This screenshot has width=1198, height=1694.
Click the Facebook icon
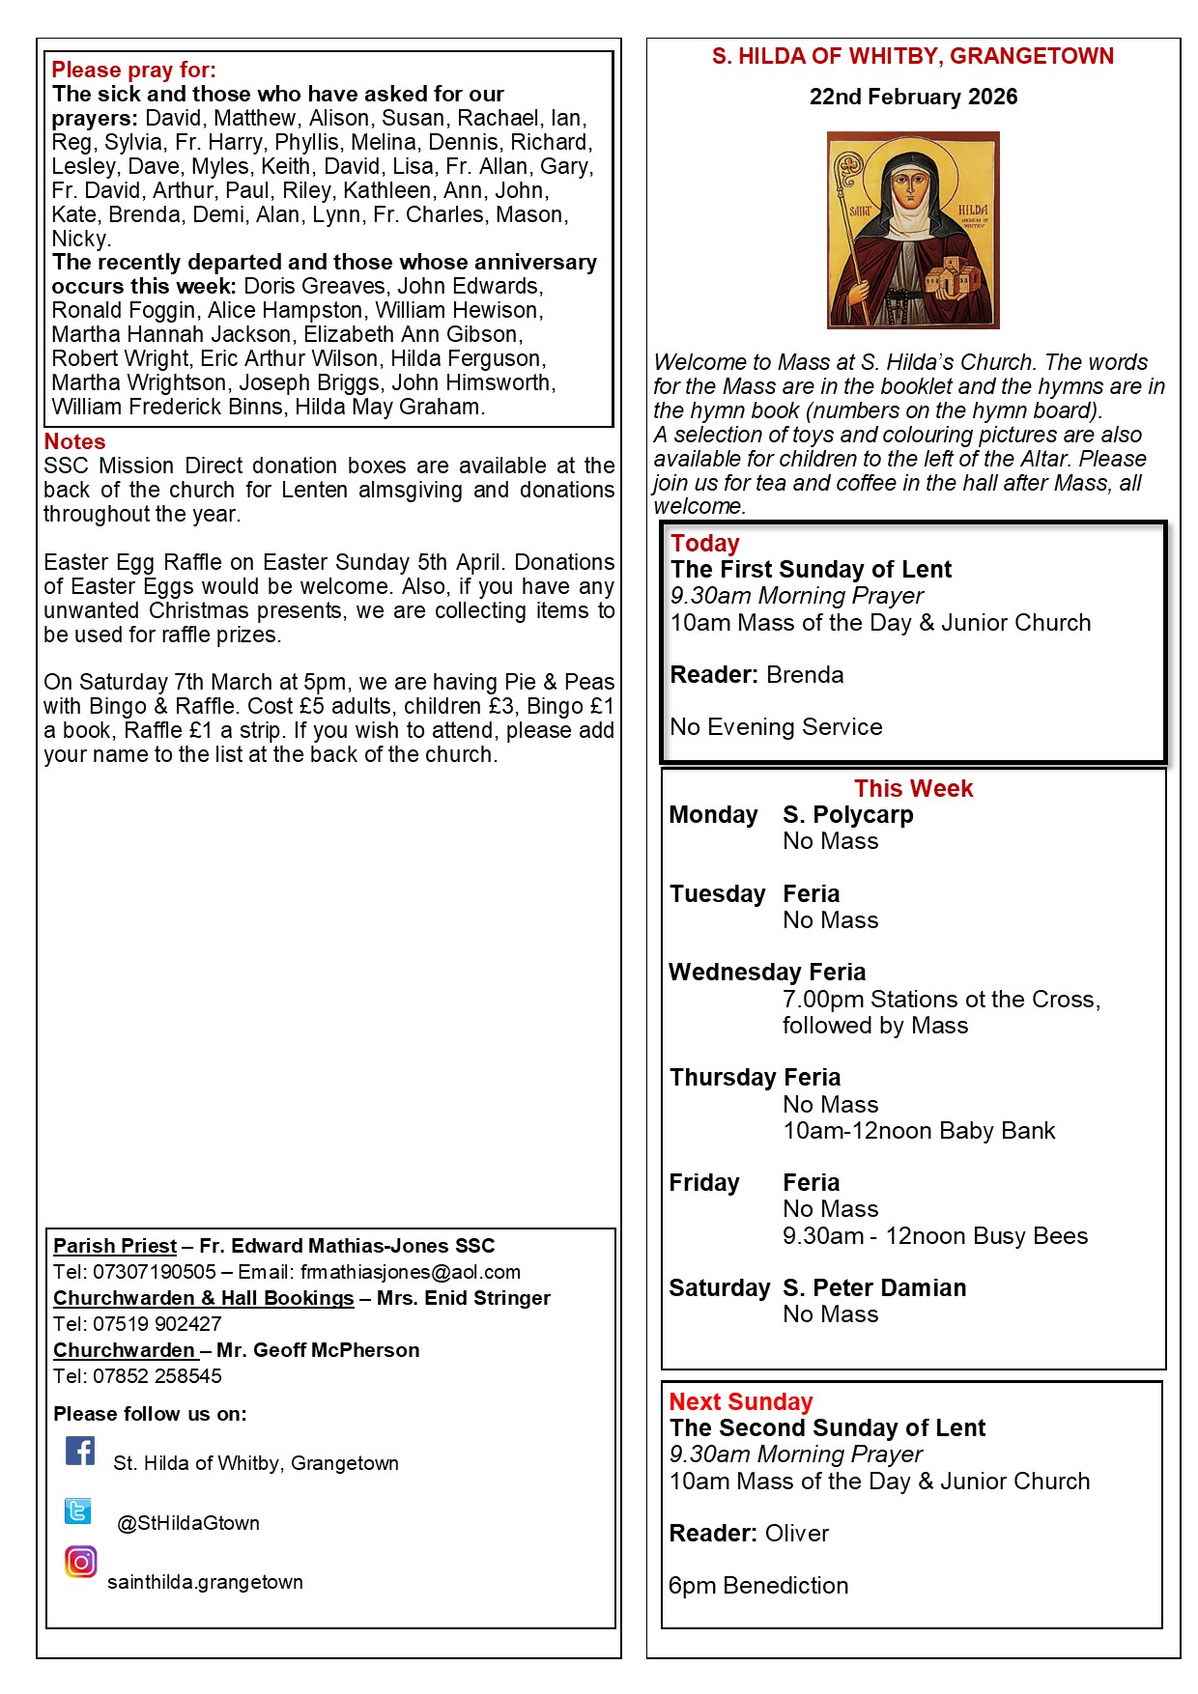click(x=80, y=1451)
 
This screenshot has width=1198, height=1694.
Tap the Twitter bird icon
click(x=78, y=1510)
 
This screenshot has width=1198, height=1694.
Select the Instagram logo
click(x=81, y=1562)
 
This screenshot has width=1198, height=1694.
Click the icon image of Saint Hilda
click(x=913, y=230)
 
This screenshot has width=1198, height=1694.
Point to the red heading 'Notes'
click(x=74, y=441)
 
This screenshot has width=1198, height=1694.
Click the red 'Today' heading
click(x=704, y=543)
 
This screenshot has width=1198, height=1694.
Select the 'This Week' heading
click(x=913, y=788)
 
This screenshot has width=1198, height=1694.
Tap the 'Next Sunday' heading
click(x=741, y=1401)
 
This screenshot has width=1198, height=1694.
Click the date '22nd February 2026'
click(x=913, y=97)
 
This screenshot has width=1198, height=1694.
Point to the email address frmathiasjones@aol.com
click(x=410, y=1272)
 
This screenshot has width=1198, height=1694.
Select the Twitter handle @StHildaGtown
click(x=188, y=1523)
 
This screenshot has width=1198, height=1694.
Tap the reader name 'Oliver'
click(x=797, y=1534)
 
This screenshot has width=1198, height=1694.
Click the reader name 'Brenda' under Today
click(x=805, y=675)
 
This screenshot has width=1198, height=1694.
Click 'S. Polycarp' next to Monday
click(x=847, y=814)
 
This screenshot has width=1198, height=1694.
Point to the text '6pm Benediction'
click(x=758, y=1586)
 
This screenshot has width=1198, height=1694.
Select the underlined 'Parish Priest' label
click(x=115, y=1246)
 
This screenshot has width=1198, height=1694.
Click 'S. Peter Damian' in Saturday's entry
click(x=874, y=1287)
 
